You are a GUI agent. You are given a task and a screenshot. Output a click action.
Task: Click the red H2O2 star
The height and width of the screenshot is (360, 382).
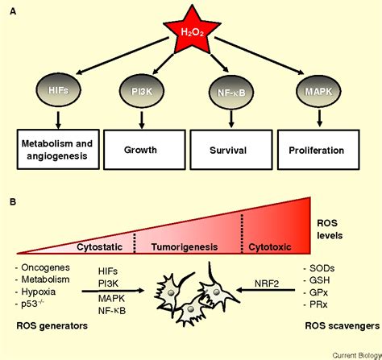pos(192,31)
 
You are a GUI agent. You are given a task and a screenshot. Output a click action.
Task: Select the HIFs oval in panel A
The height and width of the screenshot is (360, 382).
pos(58,90)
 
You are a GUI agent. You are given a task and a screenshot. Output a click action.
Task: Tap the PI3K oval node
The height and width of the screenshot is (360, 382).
pos(142,91)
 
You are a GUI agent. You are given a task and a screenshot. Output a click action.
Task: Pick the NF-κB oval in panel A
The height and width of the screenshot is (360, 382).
pos(231,92)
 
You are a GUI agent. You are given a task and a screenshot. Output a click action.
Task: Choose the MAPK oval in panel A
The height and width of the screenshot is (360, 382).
pos(318,91)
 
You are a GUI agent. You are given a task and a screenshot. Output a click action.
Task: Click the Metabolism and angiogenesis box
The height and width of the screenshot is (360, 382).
pos(58,149)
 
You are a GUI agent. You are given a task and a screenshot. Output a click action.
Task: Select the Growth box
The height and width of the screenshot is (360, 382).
pos(144,150)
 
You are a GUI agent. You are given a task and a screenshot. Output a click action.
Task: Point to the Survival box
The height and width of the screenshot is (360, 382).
pos(231,150)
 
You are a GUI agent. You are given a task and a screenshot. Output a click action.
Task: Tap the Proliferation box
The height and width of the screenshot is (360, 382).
pos(318,150)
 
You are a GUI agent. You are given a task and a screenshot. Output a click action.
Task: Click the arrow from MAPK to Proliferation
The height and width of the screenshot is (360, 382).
pos(319,118)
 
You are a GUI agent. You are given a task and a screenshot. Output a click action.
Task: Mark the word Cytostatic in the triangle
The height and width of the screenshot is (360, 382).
pos(100,247)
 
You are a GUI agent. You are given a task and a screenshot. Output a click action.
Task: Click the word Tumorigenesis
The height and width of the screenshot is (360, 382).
pos(185,247)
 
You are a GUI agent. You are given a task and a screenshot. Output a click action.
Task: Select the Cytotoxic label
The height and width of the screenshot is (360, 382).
pos(270,247)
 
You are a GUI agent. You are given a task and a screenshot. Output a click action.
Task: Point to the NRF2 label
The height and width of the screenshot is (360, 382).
pos(267,283)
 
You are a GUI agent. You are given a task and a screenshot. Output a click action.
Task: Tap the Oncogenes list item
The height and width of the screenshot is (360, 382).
pos(43,267)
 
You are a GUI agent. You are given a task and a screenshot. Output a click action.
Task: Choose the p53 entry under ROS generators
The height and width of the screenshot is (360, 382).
pos(30,304)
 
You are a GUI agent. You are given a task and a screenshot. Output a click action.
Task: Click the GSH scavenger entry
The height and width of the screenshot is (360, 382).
pos(317,280)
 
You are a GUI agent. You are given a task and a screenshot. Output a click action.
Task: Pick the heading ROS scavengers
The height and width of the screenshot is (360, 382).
pos(343,326)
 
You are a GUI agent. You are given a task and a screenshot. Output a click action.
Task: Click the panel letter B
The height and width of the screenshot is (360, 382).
pos(13,201)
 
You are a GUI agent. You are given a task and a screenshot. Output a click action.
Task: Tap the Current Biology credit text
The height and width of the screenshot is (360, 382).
pos(357,355)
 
